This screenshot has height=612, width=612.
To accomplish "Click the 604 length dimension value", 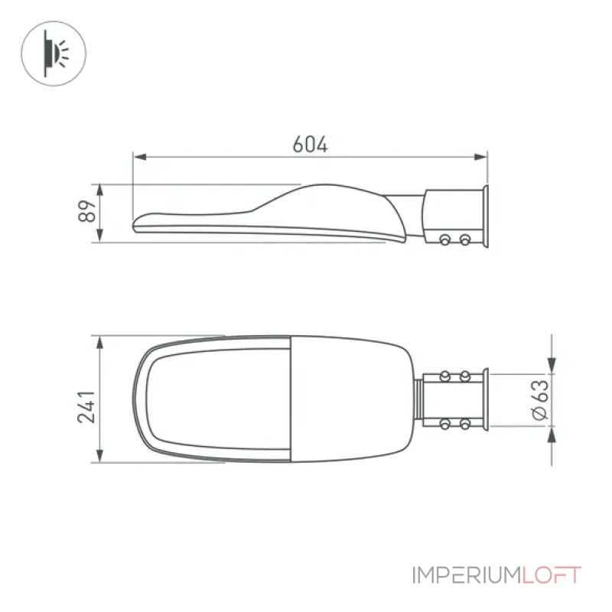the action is coord(310,144).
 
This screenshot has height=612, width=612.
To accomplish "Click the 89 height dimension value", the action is coord(87,211).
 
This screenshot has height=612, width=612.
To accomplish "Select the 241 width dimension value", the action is coord(86,406).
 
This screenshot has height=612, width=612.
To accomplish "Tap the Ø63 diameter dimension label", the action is coord(541,399).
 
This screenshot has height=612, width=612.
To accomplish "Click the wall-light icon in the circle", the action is coord(54,53).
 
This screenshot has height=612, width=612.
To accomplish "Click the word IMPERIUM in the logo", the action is coord(467,575).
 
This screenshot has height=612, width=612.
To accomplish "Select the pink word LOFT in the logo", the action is coord(552,575).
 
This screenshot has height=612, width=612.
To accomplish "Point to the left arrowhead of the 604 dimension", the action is coord(139,157).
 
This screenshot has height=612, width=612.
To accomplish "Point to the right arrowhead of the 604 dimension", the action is coord(481,157).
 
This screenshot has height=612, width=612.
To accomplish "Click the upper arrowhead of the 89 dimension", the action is coord(99,190).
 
